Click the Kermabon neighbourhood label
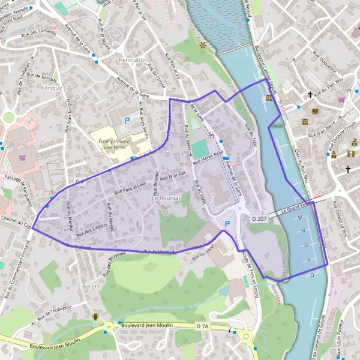pos(133,62)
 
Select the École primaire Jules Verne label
pos(115,142)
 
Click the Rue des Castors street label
pos(91,229)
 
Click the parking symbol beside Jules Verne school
pos(127,121)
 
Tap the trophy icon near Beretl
pos(95,316)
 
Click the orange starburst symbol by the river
pos(203,45)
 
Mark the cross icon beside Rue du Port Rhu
pos(310,94)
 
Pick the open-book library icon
pos(314,111)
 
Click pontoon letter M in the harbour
pos(300,217)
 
